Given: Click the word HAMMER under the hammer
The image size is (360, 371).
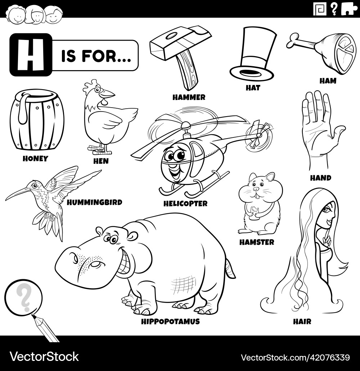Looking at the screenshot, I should [189, 97].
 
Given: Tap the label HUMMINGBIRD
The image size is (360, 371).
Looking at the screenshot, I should [94, 202].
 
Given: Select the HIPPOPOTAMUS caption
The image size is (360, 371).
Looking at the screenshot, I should [170, 321].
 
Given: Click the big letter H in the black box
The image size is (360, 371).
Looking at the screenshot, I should [31, 55].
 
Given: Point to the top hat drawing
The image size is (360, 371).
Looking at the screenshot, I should [254, 54].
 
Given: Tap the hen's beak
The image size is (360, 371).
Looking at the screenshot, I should [108, 94].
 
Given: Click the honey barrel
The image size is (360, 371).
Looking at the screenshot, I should [37, 120].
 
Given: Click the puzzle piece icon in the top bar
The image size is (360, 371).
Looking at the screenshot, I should [348, 9].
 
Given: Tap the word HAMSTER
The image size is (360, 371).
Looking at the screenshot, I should [256, 242].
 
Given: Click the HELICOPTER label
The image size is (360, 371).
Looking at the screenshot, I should [185, 204].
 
